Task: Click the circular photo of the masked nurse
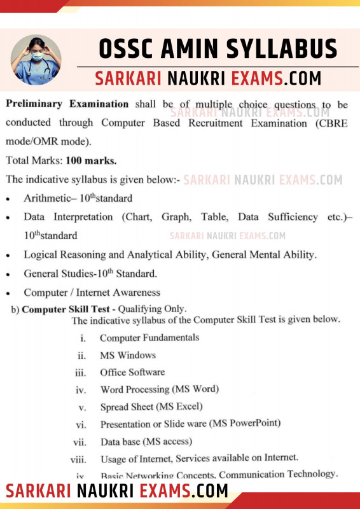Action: tap(36, 60)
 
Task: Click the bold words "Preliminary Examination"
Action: tap(67, 104)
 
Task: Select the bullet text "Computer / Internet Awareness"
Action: tap(92, 293)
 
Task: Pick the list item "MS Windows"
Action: tap(127, 355)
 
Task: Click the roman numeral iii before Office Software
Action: tap(81, 373)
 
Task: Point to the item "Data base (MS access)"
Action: tap(146, 441)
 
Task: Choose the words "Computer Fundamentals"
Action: tap(149, 338)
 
